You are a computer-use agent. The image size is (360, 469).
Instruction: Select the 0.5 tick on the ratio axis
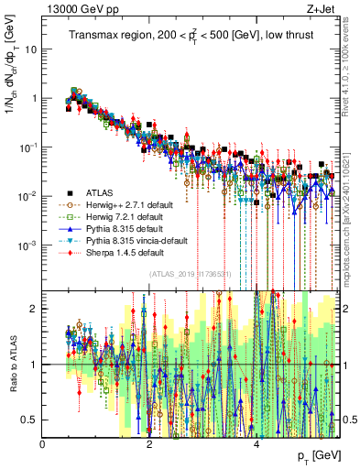click(29, 420)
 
